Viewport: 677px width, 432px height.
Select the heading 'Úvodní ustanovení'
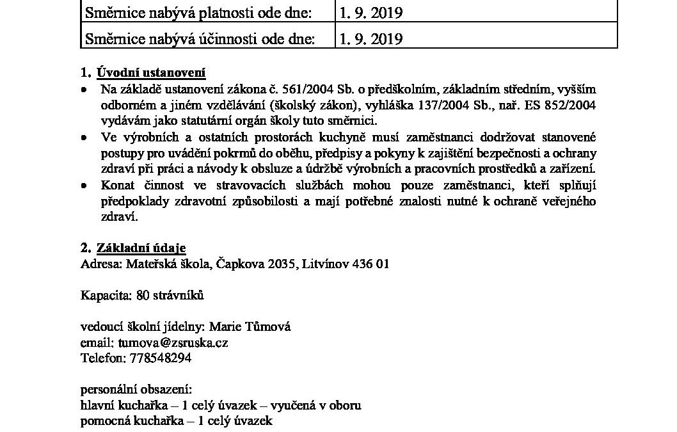click(x=151, y=72)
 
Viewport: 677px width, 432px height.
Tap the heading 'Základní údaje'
click(x=141, y=248)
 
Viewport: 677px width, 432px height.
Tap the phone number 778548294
click(x=154, y=358)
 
